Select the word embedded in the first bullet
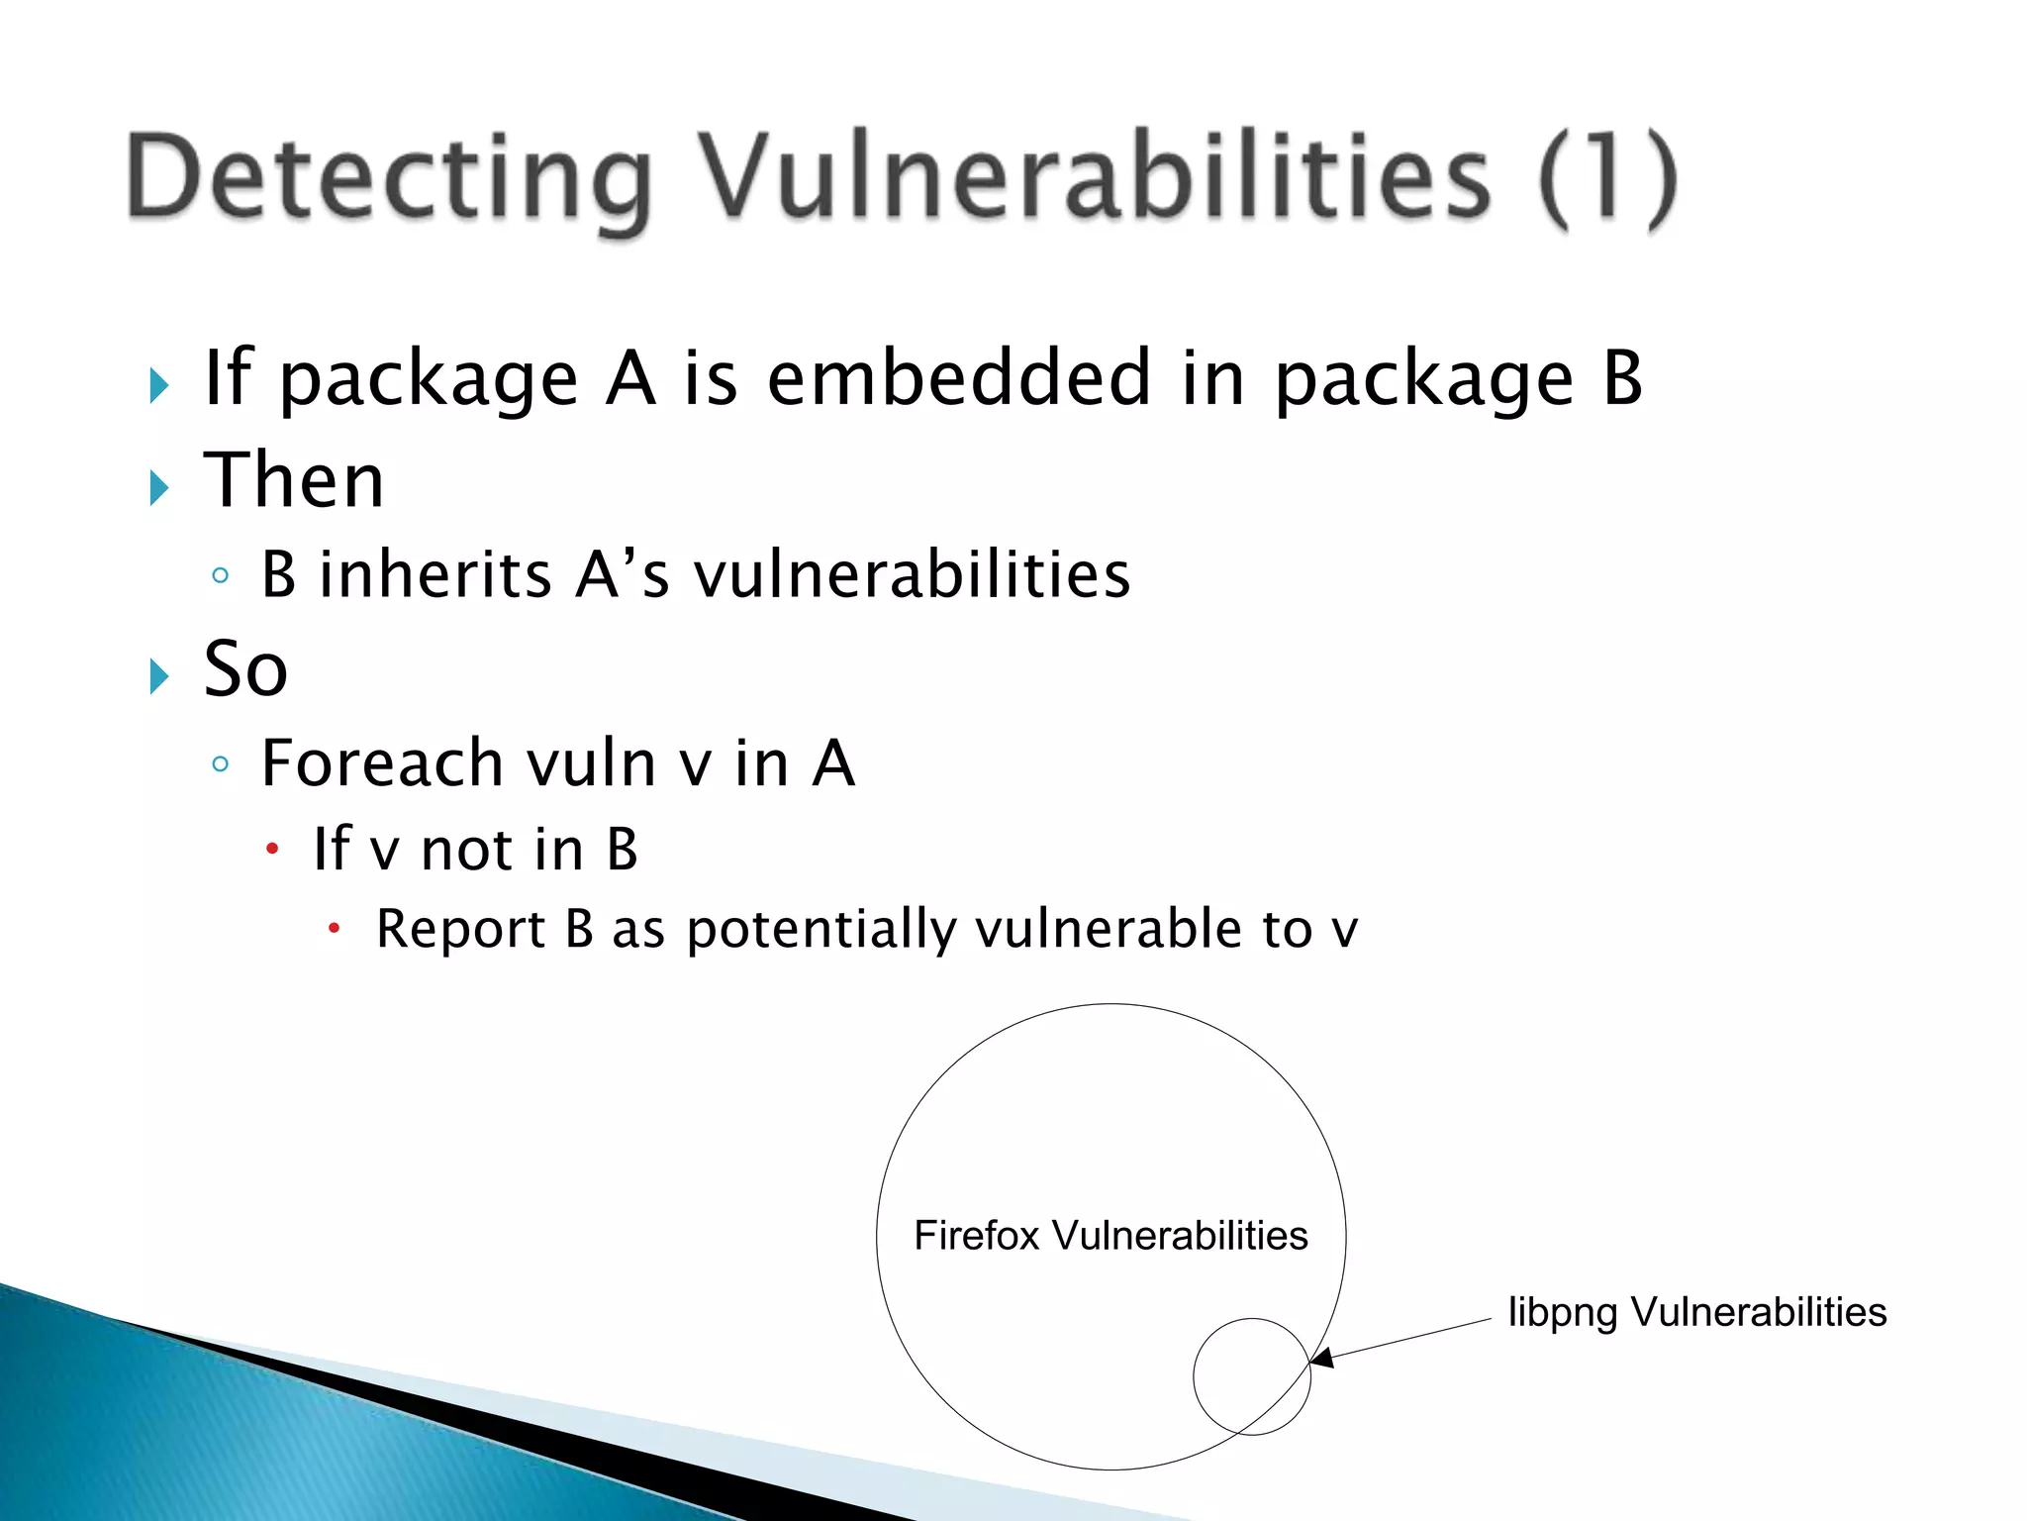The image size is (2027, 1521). [958, 378]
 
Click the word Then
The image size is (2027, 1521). [294, 480]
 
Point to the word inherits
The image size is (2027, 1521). [435, 574]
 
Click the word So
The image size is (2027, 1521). [245, 669]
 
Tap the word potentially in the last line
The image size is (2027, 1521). [821, 929]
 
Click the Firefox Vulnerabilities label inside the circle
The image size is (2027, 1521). [1110, 1236]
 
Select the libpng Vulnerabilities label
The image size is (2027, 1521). [1696, 1312]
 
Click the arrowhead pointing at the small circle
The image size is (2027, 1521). [1322, 1358]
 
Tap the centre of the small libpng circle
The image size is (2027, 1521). [1252, 1376]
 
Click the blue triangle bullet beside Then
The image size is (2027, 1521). [159, 487]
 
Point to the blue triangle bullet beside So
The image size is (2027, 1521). [159, 676]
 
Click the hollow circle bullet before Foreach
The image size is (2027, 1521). [221, 763]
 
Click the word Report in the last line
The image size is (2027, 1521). [461, 929]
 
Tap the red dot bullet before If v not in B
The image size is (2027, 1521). [272, 849]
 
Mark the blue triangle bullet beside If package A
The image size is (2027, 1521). [159, 385]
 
